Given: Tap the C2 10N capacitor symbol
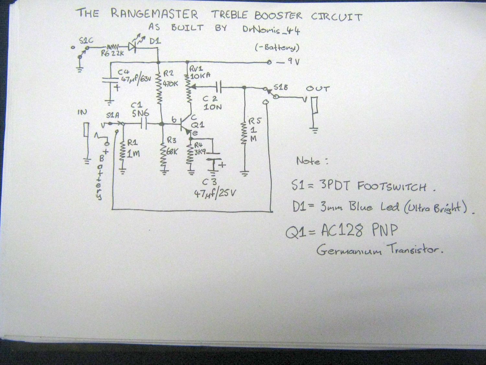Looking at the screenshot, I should [x=219, y=87].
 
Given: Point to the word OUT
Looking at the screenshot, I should [x=317, y=89].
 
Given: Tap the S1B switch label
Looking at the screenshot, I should [x=281, y=87].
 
